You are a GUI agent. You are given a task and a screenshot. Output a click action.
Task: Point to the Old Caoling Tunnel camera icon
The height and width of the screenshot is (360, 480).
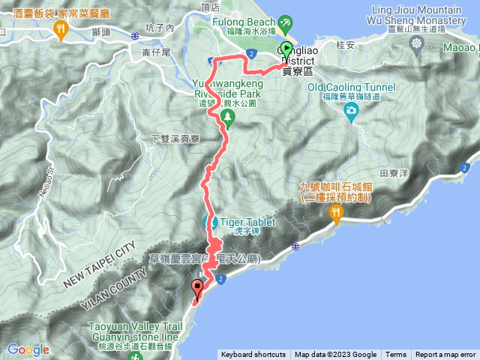[351, 111]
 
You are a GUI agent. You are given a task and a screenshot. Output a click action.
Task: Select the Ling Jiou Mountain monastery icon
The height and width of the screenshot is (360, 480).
[417, 43]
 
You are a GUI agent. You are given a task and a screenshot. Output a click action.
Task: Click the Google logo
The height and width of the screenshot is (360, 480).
[28, 349]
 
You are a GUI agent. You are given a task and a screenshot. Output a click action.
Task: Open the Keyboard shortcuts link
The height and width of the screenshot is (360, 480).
[253, 355]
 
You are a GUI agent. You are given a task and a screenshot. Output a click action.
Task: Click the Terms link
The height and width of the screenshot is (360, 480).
[396, 355]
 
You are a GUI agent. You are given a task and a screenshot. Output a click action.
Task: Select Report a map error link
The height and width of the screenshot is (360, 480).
[445, 355]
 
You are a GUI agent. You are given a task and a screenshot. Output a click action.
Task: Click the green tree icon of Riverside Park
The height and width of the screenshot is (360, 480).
[224, 116]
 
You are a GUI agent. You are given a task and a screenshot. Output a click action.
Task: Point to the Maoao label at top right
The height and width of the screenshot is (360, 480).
[463, 46]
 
